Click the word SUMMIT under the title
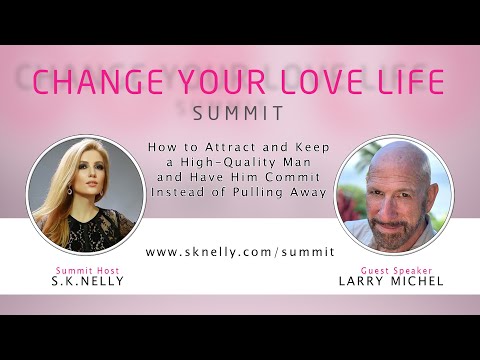point(240,114)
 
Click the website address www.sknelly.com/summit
point(240,254)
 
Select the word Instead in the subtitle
point(183,192)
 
